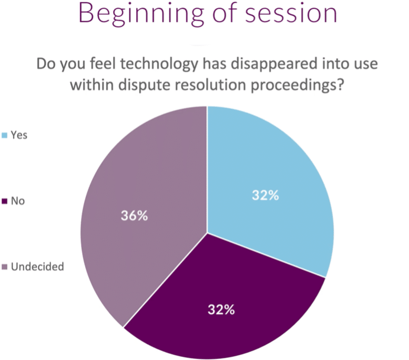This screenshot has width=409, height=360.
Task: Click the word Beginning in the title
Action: click(141, 15)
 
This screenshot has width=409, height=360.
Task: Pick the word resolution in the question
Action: click(210, 85)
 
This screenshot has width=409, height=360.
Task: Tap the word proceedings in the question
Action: click(297, 86)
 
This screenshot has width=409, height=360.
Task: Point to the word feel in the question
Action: click(103, 64)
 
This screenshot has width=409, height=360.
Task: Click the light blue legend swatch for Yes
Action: click(5, 135)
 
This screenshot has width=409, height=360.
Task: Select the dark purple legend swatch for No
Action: click(5, 201)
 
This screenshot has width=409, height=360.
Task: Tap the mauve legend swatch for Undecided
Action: click(5, 267)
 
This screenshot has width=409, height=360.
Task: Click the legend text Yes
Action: click(19, 135)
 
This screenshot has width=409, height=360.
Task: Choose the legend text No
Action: click(18, 201)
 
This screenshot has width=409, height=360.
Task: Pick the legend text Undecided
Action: click(37, 266)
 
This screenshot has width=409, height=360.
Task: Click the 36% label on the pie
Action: click(135, 216)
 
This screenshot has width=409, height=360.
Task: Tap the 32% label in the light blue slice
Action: click(265, 196)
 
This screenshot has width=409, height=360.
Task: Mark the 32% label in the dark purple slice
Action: click(221, 310)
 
